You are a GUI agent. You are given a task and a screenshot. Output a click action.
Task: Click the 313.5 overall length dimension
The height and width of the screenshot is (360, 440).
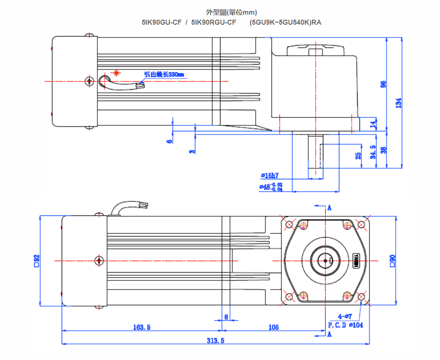[215, 341]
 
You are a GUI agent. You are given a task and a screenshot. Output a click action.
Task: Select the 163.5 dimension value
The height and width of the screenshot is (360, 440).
[142, 327]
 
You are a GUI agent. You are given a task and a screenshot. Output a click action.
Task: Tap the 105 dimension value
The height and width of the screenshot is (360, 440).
[274, 327]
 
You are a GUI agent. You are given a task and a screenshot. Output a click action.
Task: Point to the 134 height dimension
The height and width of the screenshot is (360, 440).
[398, 103]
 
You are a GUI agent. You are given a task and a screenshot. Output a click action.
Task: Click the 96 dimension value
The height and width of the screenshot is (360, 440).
[383, 84]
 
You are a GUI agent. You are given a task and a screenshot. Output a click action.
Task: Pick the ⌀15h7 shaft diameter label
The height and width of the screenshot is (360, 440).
[270, 175]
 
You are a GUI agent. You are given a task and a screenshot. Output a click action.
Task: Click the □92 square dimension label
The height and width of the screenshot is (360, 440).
[37, 260]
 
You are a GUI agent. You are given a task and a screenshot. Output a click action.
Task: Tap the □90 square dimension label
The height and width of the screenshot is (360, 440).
[392, 260]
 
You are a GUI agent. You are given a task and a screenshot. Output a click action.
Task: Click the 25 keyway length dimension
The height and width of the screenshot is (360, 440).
[358, 156]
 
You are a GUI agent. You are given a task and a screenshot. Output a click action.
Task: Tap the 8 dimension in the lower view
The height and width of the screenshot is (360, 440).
[226, 316]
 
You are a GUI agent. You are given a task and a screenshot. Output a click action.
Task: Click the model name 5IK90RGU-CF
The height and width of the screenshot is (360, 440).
[214, 22]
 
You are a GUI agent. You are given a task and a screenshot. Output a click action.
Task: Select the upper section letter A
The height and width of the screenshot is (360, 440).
[329, 208]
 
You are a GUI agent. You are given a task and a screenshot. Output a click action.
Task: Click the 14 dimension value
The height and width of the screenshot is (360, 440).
[373, 123]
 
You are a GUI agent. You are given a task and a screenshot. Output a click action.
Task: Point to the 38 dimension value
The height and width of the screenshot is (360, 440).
[383, 149]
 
